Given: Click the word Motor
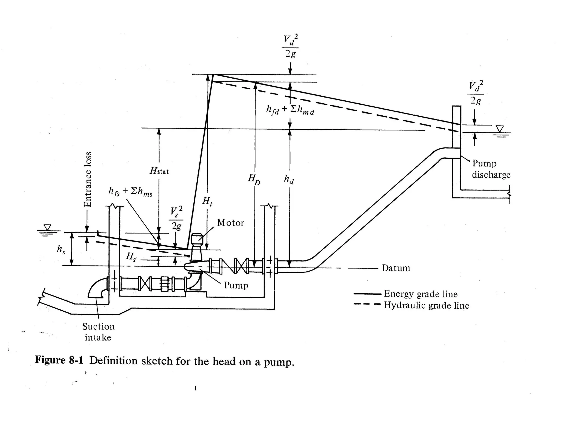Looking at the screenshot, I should (230, 223).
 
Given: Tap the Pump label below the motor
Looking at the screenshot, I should (236, 285).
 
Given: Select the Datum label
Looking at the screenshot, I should (396, 268).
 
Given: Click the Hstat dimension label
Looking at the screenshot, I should (159, 171).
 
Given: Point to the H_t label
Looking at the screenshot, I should (207, 201).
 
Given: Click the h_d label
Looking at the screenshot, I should (289, 180).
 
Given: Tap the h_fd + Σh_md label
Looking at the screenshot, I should (290, 110).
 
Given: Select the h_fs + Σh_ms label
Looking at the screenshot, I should (130, 191).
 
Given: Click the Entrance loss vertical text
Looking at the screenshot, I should (87, 180).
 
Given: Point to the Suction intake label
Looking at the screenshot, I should (98, 332).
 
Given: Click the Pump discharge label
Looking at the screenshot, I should (491, 169).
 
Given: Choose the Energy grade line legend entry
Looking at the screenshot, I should (420, 294).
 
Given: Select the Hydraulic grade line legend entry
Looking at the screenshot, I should (426, 305).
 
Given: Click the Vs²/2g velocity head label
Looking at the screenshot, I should (176, 218).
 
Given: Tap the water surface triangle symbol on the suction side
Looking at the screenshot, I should (47, 227).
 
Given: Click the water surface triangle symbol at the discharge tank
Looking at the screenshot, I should (500, 129).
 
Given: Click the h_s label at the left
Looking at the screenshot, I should (61, 249).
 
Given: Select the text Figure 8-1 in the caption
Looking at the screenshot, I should (59, 360).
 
